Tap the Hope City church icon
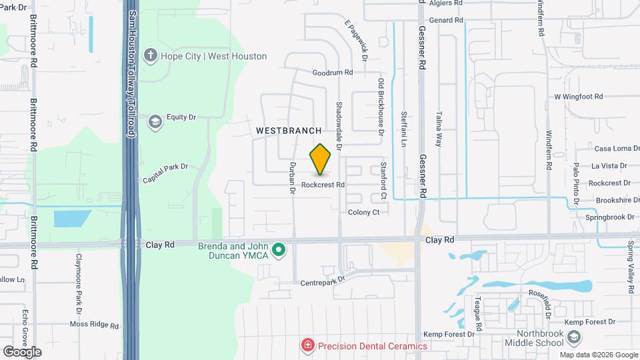click(151, 56)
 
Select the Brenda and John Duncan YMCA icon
click(281, 251)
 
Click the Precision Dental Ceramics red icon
click(308, 345)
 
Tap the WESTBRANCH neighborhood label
click(289, 131)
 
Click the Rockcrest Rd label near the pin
click(322, 185)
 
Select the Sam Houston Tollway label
click(132, 73)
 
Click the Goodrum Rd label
click(332, 73)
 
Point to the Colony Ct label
click(363, 212)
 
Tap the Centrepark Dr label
click(322, 280)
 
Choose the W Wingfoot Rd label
click(578, 97)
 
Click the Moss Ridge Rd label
click(94, 325)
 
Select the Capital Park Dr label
click(165, 173)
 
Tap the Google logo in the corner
click(23, 351)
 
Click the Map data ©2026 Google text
click(597, 355)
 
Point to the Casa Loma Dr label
click(612, 148)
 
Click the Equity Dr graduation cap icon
click(155, 121)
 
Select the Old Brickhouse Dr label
click(381, 108)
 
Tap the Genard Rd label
click(446, 20)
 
